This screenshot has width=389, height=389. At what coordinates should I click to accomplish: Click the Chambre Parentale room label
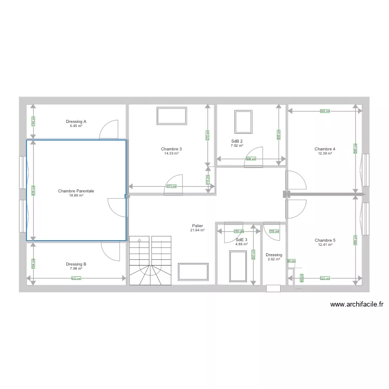(76, 191)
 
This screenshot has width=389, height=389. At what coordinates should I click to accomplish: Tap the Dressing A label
(76, 121)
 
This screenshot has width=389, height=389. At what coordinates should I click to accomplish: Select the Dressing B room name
(76, 264)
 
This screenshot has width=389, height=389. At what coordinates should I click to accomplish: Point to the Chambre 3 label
(171, 149)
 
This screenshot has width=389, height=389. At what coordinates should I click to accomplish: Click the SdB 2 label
(237, 141)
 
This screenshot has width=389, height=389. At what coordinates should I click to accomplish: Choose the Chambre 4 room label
(325, 149)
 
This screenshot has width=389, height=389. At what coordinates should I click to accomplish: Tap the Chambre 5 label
(325, 240)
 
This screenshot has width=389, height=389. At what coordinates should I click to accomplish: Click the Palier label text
(197, 226)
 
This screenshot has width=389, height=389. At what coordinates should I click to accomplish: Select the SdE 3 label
(241, 240)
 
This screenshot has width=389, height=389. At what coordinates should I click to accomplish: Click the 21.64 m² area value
(197, 230)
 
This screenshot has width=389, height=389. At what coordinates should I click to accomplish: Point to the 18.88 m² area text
(76, 196)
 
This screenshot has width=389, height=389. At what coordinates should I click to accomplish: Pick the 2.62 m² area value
(274, 259)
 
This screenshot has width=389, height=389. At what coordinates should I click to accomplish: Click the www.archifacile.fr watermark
(356, 305)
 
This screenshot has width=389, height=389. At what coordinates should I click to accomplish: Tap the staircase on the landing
(150, 260)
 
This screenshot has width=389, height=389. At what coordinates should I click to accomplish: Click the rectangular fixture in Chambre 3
(172, 116)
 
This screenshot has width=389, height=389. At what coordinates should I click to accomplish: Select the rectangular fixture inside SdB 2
(243, 122)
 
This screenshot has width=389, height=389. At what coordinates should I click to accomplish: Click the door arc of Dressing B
(111, 252)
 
